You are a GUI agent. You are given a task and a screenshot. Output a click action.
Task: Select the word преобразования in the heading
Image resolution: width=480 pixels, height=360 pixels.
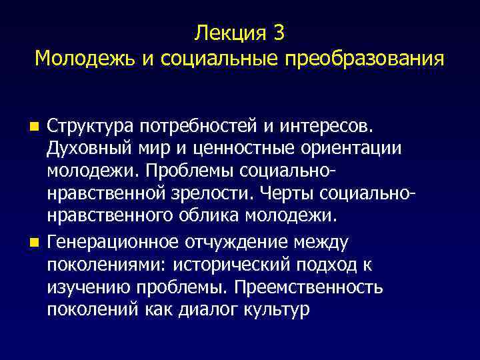pos(365,59)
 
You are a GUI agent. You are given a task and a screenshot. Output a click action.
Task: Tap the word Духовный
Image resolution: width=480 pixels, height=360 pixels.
pos(87,149)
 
